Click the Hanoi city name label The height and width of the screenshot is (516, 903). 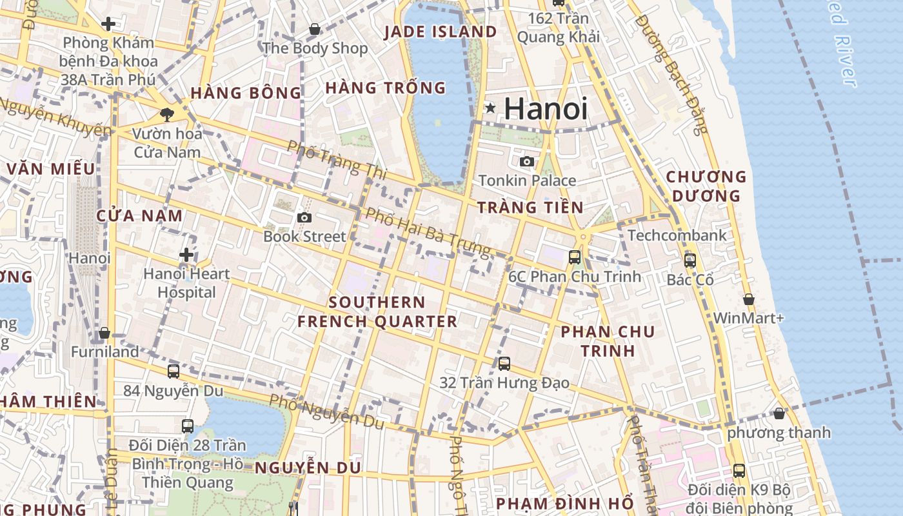(546, 108)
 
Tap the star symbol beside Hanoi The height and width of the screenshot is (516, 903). (491, 108)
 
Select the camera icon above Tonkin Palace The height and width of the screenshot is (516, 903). (527, 161)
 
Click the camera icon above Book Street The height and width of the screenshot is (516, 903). (304, 218)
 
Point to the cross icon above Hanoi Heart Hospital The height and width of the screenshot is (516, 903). (186, 255)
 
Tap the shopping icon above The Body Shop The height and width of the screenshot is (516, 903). (315, 29)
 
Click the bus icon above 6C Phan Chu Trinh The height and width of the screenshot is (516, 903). (574, 257)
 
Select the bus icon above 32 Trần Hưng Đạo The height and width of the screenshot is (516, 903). (504, 364)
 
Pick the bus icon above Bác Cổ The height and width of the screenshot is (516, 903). (690, 261)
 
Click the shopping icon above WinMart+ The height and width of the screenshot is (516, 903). (749, 299)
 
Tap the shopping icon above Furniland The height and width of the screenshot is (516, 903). (104, 333)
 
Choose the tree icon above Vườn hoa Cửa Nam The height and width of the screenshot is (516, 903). (167, 115)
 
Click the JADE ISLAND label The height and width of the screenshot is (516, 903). (441, 32)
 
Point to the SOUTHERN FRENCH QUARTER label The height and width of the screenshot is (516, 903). (377, 312)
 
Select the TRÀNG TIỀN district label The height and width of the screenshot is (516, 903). (530, 208)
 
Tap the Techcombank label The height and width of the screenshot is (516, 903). (677, 235)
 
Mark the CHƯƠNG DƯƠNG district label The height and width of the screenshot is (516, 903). (706, 186)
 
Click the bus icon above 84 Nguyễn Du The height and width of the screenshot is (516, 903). (173, 372)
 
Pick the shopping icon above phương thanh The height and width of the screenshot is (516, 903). (779, 413)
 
